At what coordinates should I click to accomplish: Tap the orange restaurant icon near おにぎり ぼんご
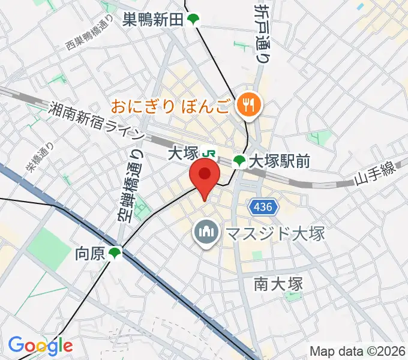tap(247, 106)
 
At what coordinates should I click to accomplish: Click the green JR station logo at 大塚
tap(209, 154)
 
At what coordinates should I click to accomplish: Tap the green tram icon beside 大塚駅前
tap(239, 161)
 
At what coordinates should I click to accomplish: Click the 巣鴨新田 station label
tap(153, 20)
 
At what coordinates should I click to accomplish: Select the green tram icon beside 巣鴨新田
tap(193, 20)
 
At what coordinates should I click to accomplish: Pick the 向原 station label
tap(90, 254)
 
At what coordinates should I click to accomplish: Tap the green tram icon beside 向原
tap(115, 254)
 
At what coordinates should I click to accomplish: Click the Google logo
tap(40, 345)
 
